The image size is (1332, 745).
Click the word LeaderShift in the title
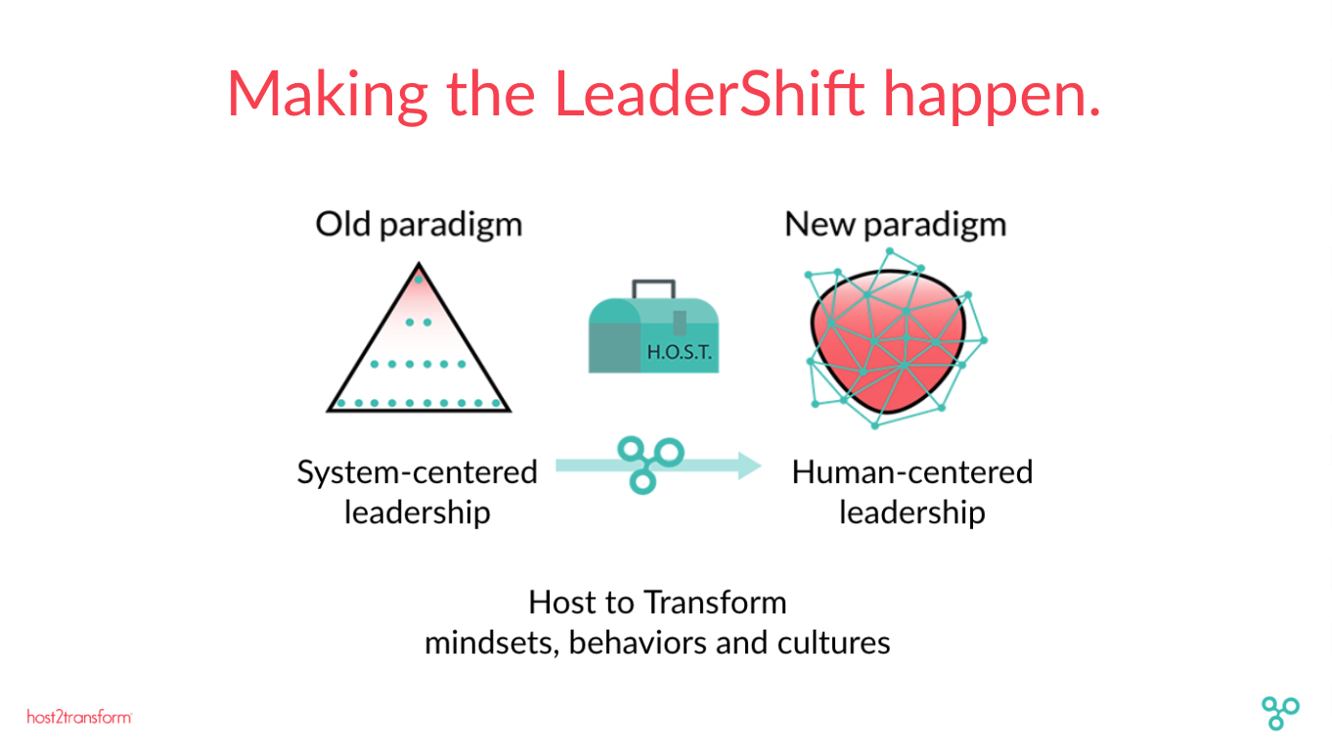coord(709,94)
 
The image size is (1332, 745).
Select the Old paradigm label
coord(419,225)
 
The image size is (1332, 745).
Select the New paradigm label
coord(896,225)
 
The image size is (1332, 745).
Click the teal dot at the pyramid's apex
coord(419,280)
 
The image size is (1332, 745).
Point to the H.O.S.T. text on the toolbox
coord(679,352)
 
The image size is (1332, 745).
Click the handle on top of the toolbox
coord(653,289)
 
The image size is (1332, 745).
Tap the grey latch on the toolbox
coord(680,323)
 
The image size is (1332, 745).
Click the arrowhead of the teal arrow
coord(749,465)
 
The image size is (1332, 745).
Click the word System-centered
coord(418,472)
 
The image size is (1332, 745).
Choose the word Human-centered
coord(912,472)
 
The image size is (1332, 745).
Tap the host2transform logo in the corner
coord(79,717)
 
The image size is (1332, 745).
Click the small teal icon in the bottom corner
coord(1280,713)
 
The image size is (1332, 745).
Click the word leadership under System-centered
coord(418,512)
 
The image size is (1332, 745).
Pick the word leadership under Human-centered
coord(912,512)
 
